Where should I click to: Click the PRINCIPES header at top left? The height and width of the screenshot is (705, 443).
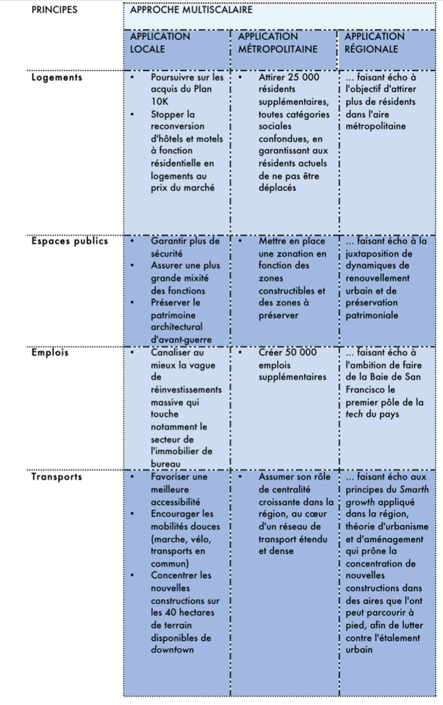(x=54, y=10)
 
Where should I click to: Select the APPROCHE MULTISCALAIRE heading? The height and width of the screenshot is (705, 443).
(x=191, y=10)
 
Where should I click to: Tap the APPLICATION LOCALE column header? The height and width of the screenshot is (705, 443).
(x=160, y=43)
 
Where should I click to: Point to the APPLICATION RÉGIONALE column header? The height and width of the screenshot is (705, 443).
(x=374, y=43)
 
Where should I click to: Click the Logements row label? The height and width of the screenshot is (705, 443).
(x=56, y=77)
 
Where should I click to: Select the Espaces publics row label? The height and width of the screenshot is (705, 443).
(x=69, y=241)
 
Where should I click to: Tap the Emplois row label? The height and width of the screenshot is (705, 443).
(x=50, y=352)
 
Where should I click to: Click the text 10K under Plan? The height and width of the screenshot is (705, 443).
(x=160, y=102)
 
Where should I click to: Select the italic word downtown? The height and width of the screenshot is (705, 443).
(x=172, y=650)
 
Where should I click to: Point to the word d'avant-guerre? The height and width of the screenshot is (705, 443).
(x=181, y=340)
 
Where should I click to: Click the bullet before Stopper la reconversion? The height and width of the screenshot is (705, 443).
(x=132, y=115)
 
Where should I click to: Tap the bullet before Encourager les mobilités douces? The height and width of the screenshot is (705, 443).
(x=132, y=514)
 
